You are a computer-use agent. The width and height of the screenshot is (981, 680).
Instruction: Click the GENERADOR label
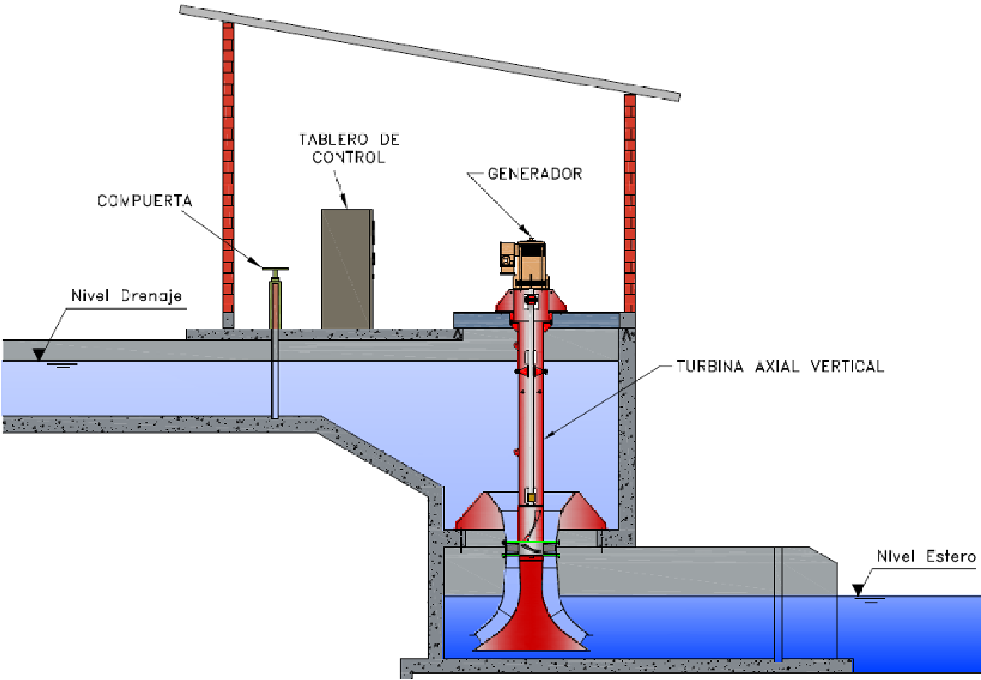535,174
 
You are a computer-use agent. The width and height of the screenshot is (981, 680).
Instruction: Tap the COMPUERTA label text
144,201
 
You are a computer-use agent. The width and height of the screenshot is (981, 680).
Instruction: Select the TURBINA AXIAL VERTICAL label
780,366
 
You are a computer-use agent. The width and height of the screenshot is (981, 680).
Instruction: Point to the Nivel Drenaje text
127,295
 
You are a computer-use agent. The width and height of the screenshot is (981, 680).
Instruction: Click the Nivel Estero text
926,556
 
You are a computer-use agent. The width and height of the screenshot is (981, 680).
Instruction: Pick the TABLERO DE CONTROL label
349,148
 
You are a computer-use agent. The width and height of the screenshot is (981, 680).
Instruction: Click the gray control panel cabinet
347,269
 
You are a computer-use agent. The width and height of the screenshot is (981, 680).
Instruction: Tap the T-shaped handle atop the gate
275,269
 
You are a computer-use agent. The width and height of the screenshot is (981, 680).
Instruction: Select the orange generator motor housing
531,264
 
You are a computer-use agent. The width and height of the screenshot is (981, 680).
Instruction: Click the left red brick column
228,170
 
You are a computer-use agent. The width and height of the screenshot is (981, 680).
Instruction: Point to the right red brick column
630,205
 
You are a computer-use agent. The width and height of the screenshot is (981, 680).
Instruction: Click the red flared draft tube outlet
531,622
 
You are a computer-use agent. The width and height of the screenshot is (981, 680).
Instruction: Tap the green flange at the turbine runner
531,544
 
